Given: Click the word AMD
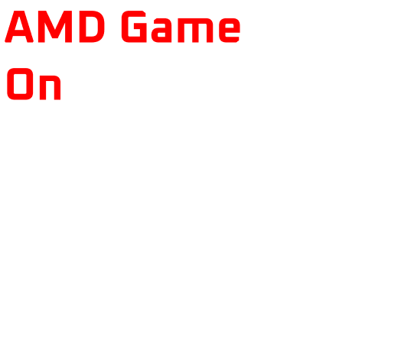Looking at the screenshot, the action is click(55, 26).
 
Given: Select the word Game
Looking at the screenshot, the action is click(181, 26).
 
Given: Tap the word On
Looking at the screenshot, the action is click(34, 84).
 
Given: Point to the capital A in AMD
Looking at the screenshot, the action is click(19, 26).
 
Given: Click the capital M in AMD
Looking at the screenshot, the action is click(55, 26).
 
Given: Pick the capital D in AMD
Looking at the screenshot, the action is click(92, 26).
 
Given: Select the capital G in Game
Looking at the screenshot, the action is click(134, 26).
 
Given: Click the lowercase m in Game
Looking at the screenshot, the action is click(195, 30).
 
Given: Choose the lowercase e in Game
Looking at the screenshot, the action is click(230, 30).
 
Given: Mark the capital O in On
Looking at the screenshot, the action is click(20, 84).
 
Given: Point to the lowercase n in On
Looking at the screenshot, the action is click(51, 87).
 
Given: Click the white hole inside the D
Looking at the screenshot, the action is click(92, 27).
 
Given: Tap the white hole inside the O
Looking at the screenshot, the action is click(20, 84).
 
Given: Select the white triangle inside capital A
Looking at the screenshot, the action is click(19, 24).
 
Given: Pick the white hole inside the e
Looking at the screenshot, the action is click(230, 25).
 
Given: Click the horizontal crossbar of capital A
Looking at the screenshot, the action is click(19, 33).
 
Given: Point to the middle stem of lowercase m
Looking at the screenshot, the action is click(195, 33).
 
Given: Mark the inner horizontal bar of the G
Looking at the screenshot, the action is click(140, 26).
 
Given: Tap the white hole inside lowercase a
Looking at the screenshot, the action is click(161, 34).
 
